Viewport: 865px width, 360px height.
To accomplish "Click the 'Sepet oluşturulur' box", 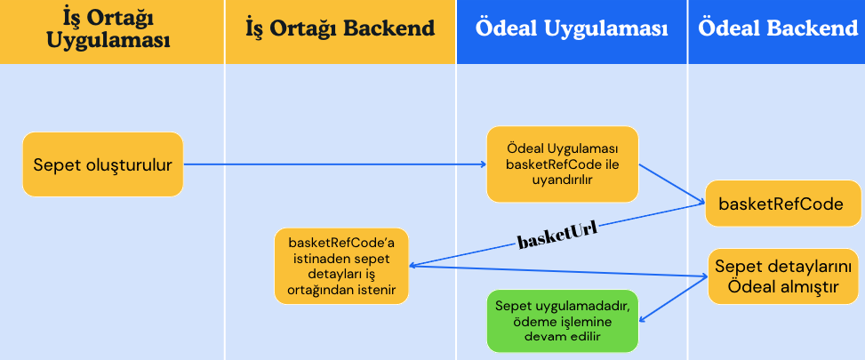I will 102,164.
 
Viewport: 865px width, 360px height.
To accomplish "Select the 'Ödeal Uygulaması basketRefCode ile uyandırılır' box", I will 562,164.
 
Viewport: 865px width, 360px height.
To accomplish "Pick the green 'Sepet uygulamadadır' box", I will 562,320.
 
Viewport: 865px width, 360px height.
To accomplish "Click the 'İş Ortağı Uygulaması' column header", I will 110,29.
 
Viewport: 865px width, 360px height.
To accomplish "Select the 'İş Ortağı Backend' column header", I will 340,28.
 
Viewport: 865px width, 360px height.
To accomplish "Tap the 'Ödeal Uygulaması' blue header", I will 572,28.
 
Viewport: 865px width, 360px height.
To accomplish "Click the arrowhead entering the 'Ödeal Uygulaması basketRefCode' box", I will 483,164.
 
